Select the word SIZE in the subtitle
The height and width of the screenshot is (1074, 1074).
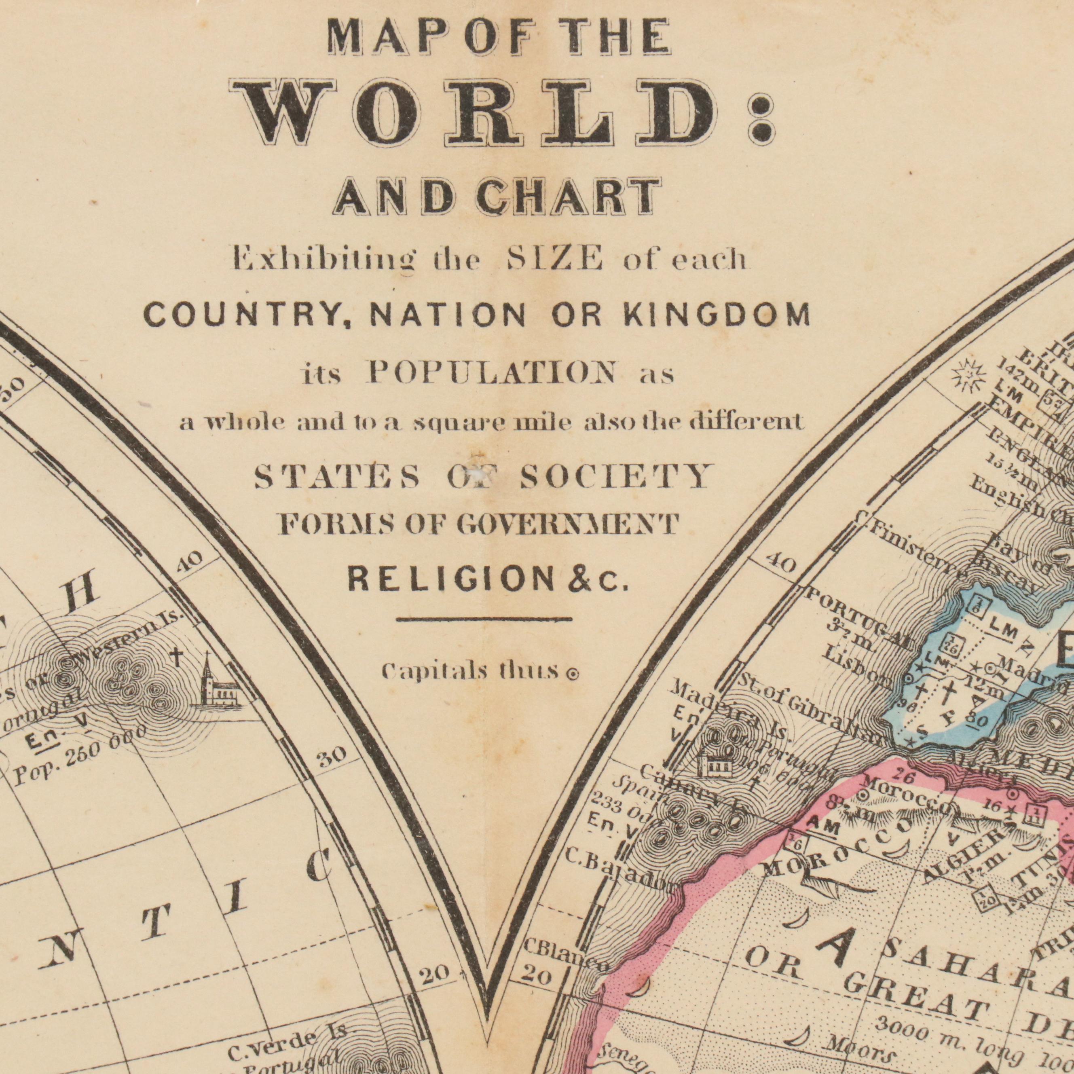(x=554, y=258)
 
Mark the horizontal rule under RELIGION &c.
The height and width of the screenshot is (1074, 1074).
(x=484, y=618)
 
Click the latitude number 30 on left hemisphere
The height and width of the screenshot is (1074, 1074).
(x=332, y=756)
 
